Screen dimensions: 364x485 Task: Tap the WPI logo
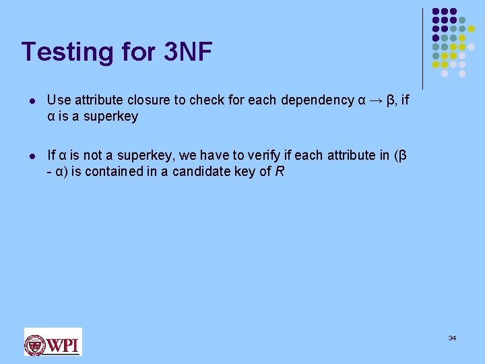tap(53, 342)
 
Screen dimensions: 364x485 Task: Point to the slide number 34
tap(452, 337)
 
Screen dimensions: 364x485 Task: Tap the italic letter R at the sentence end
tap(280, 171)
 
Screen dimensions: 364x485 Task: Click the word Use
tap(57, 100)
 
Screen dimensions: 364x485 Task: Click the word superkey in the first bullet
tap(111, 116)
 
